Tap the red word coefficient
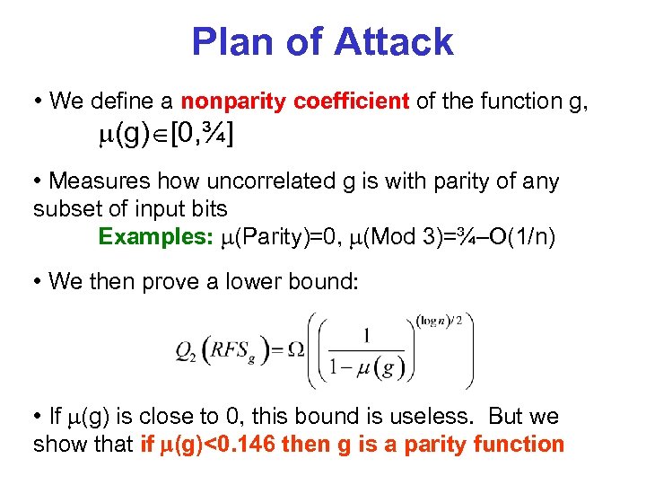[x=351, y=101]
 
